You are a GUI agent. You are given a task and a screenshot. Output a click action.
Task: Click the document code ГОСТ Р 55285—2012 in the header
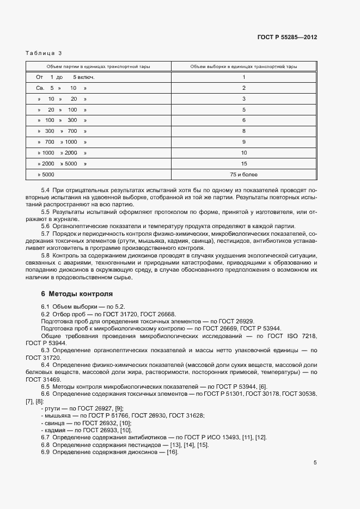(x=287, y=38)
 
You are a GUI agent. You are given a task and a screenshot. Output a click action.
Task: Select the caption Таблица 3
(x=44, y=53)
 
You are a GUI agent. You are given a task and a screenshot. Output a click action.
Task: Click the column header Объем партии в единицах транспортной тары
(x=99, y=66)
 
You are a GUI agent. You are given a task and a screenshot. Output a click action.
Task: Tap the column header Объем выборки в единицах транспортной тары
(x=244, y=66)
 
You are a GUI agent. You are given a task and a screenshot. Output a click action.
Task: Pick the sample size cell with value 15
(x=244, y=163)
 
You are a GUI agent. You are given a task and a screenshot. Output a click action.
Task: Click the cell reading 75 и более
(x=244, y=175)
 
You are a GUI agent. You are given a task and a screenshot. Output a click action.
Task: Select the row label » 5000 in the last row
(x=46, y=175)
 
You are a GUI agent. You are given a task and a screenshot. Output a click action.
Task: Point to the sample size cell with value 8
(x=244, y=131)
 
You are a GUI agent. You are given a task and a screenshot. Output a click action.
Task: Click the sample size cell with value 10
(x=244, y=153)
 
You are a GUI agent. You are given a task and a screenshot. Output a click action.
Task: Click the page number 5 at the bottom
(x=315, y=463)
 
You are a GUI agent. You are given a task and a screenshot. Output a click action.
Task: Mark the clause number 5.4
(x=46, y=188)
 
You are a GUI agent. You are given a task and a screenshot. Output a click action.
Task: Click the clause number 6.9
(x=46, y=452)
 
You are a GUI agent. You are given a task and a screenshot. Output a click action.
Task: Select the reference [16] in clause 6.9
(x=173, y=452)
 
